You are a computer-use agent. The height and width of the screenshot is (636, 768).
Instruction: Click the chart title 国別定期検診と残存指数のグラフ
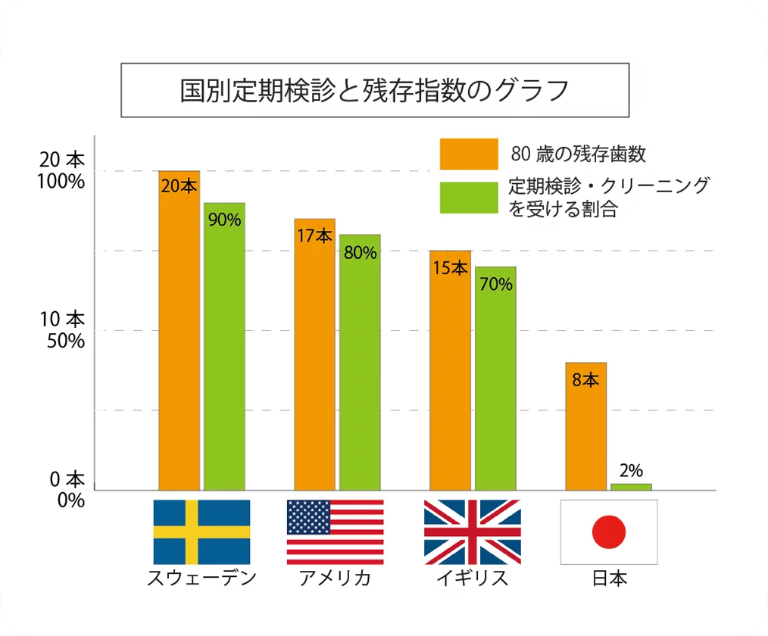point(375,90)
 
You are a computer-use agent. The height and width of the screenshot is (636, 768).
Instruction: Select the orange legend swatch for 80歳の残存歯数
point(469,154)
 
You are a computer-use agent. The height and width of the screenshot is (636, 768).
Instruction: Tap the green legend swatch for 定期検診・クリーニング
point(469,197)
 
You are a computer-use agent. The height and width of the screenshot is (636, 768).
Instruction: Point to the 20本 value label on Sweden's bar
point(179,185)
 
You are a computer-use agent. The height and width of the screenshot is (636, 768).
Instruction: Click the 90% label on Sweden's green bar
point(224,220)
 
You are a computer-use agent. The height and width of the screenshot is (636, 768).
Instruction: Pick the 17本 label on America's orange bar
point(314,235)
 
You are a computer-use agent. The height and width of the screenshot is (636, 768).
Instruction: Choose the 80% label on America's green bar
point(360,253)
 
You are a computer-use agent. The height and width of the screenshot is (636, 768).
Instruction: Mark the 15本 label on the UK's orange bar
point(450,268)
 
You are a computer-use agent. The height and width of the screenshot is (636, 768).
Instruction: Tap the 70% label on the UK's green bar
point(496,285)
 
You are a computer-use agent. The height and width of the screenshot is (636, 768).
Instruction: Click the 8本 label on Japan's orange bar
point(585,380)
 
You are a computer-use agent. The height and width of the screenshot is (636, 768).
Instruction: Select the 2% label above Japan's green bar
point(631,470)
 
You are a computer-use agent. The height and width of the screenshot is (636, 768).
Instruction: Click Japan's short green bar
point(631,487)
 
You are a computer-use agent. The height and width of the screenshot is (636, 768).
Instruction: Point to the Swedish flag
point(201,532)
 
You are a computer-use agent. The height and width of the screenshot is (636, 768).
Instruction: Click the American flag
point(335,532)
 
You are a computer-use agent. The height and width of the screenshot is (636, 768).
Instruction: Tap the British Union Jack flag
point(472,532)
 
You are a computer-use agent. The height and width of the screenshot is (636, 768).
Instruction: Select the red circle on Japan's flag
point(609,532)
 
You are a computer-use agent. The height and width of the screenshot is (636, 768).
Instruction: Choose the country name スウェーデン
point(201,578)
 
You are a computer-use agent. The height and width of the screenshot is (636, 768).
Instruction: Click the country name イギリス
point(472,578)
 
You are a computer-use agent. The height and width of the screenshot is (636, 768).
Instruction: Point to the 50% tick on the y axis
point(66,340)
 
